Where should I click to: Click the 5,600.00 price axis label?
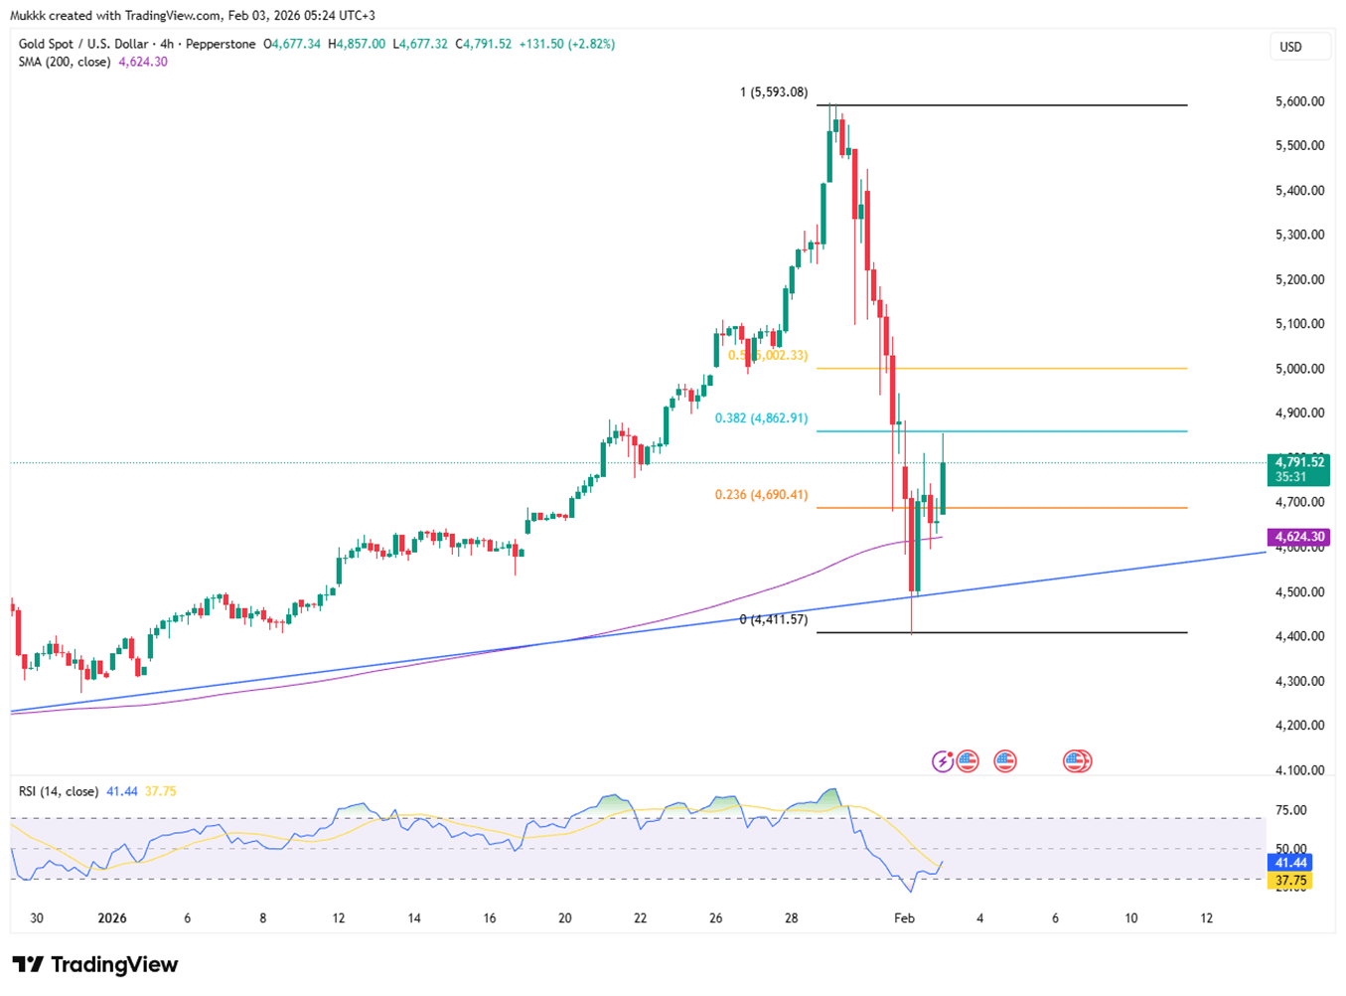click(1299, 101)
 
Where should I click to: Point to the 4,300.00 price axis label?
click(1299, 681)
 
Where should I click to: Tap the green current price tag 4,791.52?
click(1298, 462)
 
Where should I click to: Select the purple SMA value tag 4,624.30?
click(1298, 537)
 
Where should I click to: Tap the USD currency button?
click(1290, 47)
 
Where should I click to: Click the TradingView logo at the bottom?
click(95, 964)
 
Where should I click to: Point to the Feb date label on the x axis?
click(904, 917)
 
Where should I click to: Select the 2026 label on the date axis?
click(112, 917)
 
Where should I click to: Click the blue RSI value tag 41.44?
click(1291, 862)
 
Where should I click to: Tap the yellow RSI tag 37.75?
click(1291, 881)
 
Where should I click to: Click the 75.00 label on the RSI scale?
click(1290, 810)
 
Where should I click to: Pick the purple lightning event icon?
click(942, 761)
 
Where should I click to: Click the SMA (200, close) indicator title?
click(66, 62)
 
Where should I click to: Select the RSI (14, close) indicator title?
click(59, 791)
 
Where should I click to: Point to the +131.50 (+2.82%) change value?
click(566, 44)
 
